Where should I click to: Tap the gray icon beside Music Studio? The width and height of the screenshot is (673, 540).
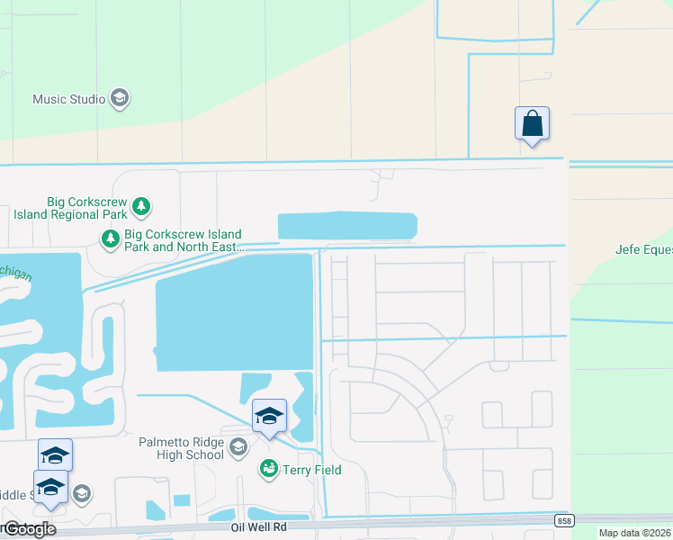[x=120, y=99]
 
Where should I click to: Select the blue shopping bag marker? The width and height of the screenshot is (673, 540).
[x=532, y=124]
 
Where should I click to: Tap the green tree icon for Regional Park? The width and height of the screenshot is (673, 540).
[x=141, y=207]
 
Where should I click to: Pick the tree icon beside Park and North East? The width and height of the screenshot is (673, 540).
[x=110, y=239]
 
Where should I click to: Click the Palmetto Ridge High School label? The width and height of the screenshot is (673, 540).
[x=181, y=447]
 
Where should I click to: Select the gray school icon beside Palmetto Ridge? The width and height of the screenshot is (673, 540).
[x=238, y=447]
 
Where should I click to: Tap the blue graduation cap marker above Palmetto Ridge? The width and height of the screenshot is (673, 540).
[x=269, y=416]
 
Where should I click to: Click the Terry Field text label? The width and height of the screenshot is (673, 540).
[x=311, y=469]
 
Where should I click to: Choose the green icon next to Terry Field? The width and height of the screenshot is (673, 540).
[x=268, y=469]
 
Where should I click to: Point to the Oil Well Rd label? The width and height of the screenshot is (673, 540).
[x=258, y=527]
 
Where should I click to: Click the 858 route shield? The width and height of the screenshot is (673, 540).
[x=564, y=521]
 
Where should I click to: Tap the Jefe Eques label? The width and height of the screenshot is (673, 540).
[x=643, y=250]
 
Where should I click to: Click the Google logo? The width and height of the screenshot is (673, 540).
[x=30, y=529]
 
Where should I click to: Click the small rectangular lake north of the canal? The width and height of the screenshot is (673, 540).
[x=346, y=226]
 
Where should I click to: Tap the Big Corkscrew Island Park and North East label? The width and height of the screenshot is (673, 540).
[x=184, y=239]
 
